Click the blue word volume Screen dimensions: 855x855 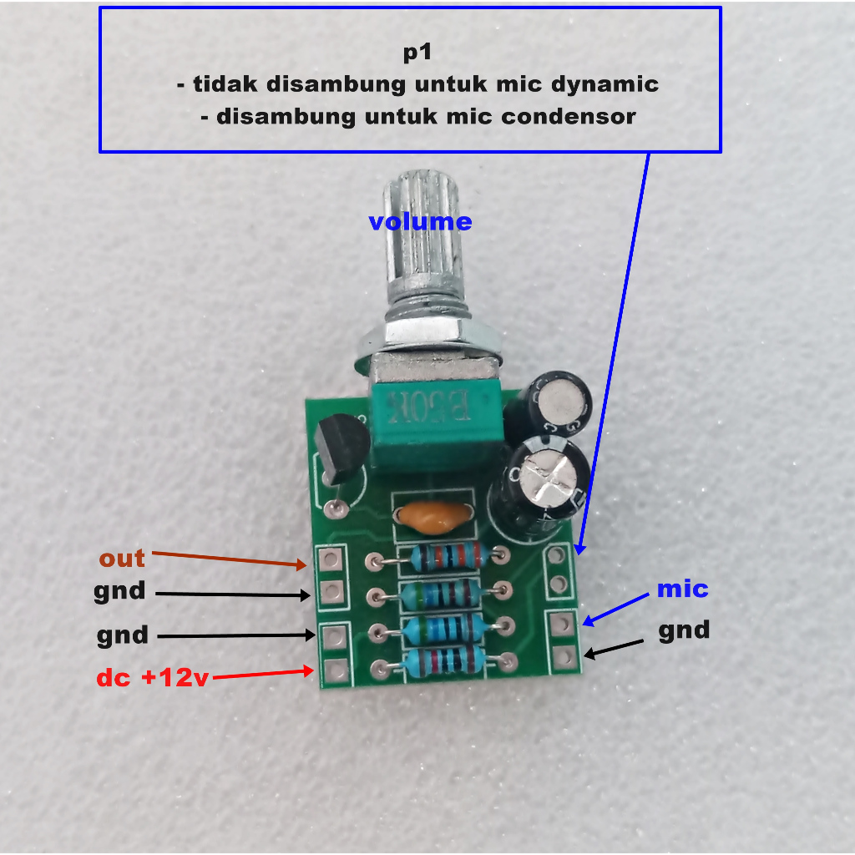click(x=420, y=221)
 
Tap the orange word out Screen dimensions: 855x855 click(x=122, y=559)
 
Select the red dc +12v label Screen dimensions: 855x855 click(x=153, y=677)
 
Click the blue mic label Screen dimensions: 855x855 click(x=682, y=589)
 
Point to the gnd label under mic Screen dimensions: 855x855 click(x=684, y=631)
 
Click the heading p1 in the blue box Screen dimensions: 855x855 click(x=417, y=53)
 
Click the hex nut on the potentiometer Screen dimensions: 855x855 click(x=428, y=337)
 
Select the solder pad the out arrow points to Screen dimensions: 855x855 click(x=331, y=559)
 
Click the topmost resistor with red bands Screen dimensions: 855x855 click(x=448, y=557)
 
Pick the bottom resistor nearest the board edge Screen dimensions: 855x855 click(x=443, y=661)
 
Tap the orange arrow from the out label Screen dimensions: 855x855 click(x=229, y=559)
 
